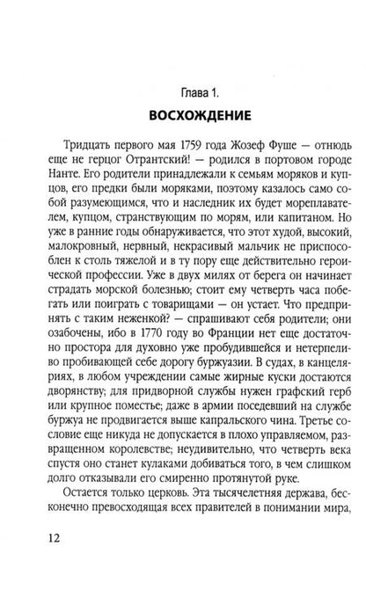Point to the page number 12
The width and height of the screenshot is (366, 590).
click(25, 559)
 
